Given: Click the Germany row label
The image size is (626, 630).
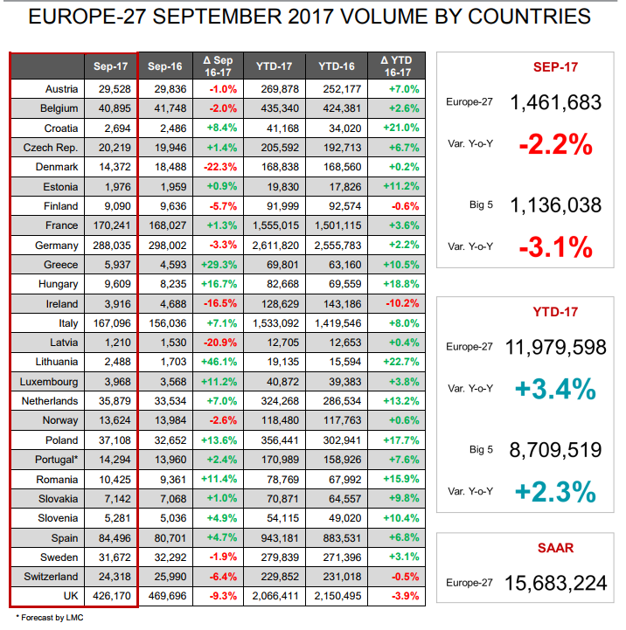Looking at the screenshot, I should (57, 246).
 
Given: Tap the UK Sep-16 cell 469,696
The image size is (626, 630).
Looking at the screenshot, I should (164, 597).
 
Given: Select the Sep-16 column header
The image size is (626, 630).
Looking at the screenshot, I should (164, 66).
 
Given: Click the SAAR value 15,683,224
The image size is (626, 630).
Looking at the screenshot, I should (555, 583).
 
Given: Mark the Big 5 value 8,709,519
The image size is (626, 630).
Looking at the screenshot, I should (555, 450).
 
